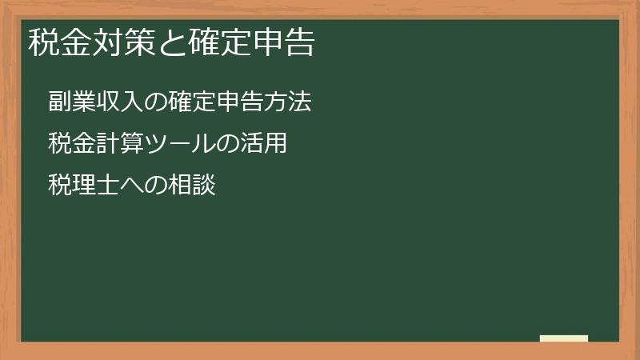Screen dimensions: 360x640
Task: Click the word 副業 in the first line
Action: (71, 103)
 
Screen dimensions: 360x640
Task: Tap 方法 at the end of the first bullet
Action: (287, 103)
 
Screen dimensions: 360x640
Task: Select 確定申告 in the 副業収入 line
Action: (216, 103)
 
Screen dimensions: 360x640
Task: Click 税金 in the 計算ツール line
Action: (71, 145)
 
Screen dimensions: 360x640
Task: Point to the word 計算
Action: (119, 145)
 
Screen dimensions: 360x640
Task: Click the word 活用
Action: (263, 145)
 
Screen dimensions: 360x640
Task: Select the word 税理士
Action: (83, 186)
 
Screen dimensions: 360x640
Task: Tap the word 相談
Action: (192, 186)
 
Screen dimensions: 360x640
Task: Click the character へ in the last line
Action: (131, 186)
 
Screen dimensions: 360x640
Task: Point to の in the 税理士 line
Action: (155, 186)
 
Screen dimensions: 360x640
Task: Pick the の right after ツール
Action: (227, 145)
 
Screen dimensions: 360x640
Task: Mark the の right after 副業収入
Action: (155, 103)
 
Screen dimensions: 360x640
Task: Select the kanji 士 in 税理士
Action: (107, 186)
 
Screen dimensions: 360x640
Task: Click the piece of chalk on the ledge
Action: (564, 338)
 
